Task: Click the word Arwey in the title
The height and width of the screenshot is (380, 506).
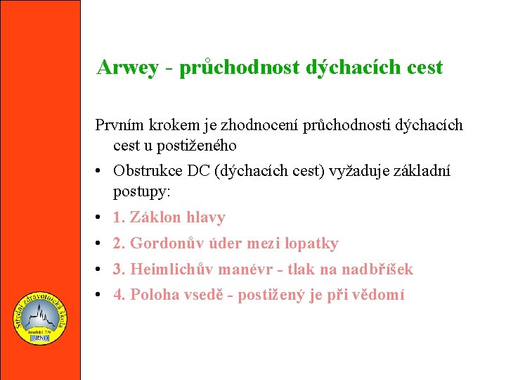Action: [x=127, y=68]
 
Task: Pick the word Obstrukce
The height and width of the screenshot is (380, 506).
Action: [x=145, y=171]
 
